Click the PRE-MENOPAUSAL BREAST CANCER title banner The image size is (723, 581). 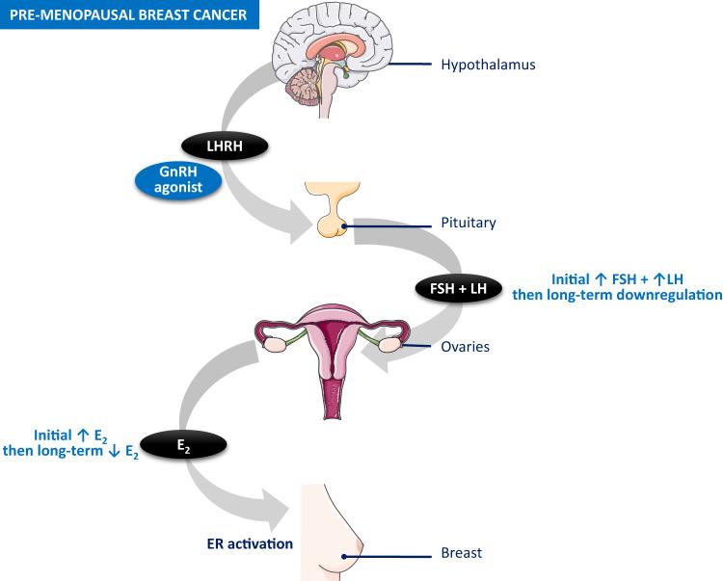pyautogui.click(x=129, y=15)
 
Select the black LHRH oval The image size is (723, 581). pyautogui.click(x=224, y=145)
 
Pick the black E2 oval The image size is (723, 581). pyautogui.click(x=183, y=446)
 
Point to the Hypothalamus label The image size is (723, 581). pyautogui.click(x=487, y=66)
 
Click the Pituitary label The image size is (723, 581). pyautogui.click(x=468, y=223)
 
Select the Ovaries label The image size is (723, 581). pyautogui.click(x=466, y=346)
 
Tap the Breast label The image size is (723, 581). pyautogui.click(x=460, y=553)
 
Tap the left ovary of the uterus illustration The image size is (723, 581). pyautogui.click(x=274, y=341)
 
